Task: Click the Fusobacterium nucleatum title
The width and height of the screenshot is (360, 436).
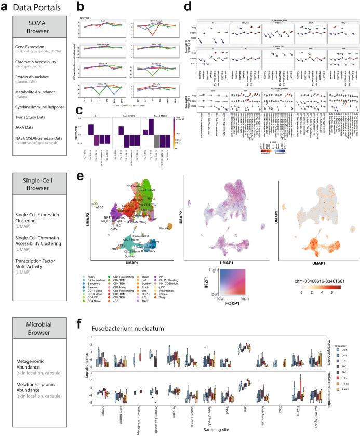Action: [128, 328]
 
